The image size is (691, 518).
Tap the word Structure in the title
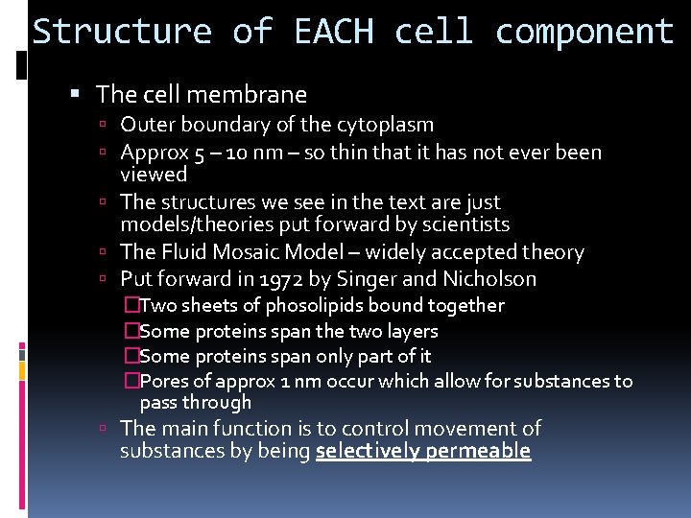pos(122,32)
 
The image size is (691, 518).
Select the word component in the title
pos(584,32)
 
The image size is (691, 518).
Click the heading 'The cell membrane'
pos(202,94)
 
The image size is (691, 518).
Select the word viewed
pos(154,175)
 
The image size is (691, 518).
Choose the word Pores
pos(162,382)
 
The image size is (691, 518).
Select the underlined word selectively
pos(369,451)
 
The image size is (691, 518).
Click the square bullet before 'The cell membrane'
pos(77,95)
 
